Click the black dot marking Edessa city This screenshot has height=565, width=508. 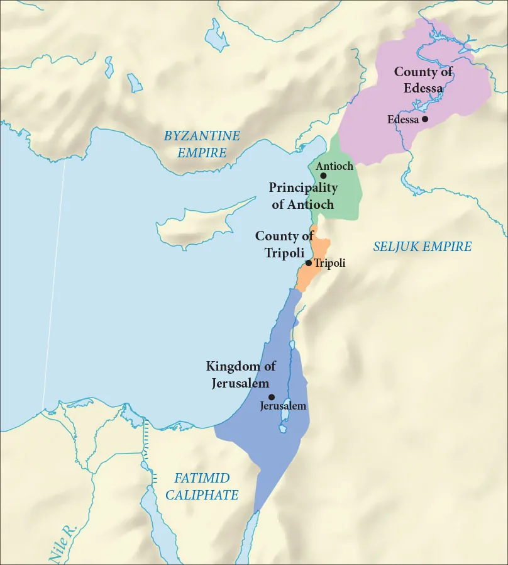coord(425,119)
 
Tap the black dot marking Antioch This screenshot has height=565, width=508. coord(323,176)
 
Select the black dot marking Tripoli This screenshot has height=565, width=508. coord(308,263)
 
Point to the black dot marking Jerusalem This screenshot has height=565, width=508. coord(272,397)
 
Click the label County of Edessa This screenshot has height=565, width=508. coord(423,80)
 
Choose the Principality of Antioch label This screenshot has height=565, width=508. coord(303,196)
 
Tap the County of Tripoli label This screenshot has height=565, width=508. coord(284,243)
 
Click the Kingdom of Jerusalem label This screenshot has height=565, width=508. coord(241,374)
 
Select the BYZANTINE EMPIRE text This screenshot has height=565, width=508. coord(202,144)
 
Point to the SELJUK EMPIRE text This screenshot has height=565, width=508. coord(422,247)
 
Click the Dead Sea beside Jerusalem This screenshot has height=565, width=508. coord(284,415)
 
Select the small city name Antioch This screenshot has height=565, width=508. coord(334,166)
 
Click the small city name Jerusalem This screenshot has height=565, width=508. coord(283,406)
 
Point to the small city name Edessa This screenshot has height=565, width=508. coord(403,120)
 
